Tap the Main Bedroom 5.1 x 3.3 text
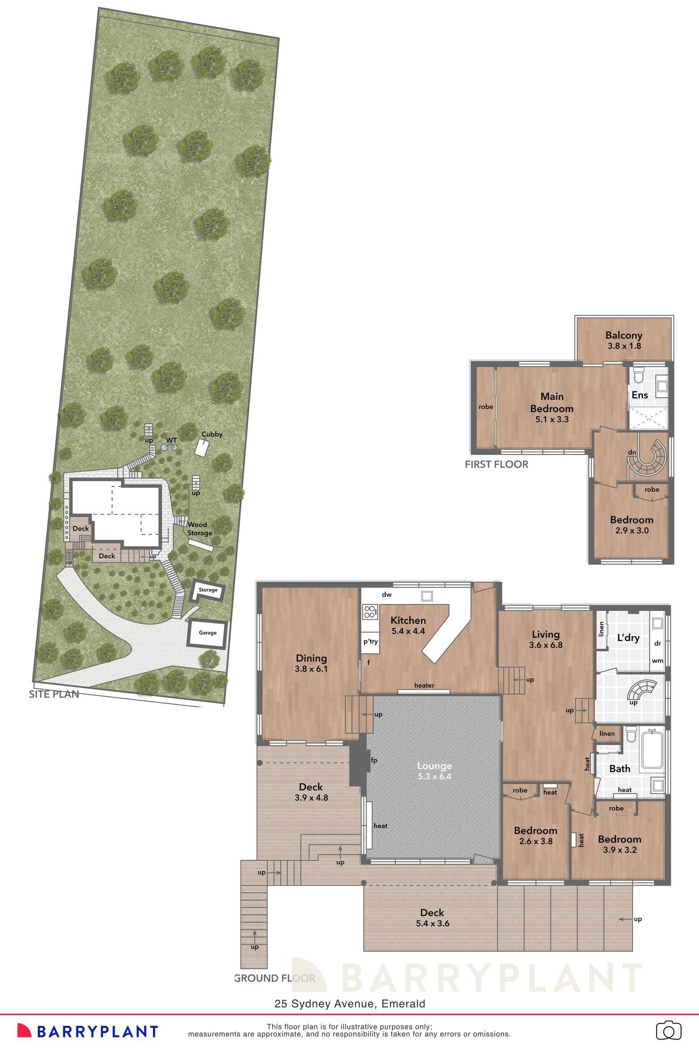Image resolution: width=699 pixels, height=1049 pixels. coord(552,407)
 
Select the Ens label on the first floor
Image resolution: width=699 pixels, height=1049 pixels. coord(640,395)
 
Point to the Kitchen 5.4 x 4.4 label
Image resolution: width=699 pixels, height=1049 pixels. coord(408,625)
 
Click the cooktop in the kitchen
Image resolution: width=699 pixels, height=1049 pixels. coord(370,611)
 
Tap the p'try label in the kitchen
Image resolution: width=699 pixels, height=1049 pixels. coord(370,642)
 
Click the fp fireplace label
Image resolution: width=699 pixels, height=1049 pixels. coord(374,760)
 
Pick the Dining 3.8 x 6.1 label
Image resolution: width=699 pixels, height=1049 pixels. coord(311,663)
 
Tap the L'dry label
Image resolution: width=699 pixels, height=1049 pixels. coord(629,638)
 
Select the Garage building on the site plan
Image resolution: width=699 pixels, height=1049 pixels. coord(207,633)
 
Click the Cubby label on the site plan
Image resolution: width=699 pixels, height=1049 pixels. coord(212,434)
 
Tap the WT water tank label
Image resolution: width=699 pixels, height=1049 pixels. coord(172,440)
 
